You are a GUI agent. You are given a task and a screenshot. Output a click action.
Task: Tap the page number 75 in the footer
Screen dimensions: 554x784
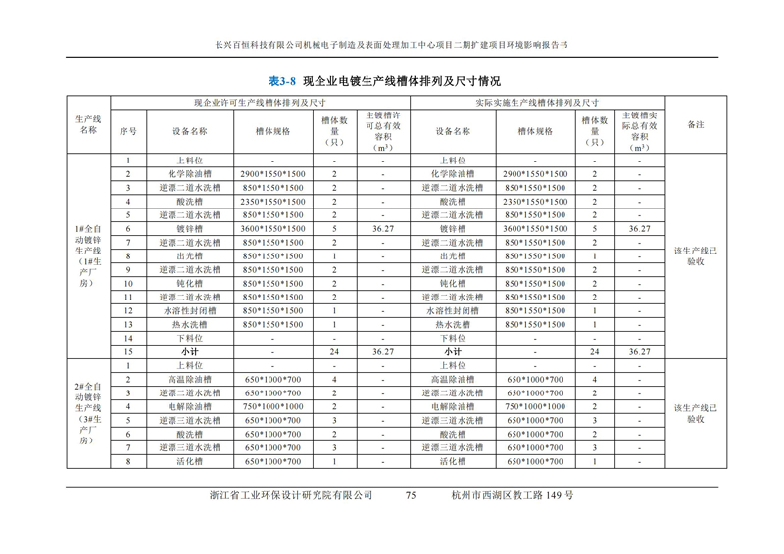click(411, 495)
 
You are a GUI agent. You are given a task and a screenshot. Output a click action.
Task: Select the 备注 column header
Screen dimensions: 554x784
click(695, 124)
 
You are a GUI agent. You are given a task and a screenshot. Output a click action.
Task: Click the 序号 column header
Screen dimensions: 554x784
click(127, 130)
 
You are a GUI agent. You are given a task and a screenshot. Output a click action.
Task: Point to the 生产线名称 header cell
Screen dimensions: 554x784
click(88, 124)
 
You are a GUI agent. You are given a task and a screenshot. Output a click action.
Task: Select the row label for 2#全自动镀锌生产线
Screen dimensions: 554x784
click(88, 409)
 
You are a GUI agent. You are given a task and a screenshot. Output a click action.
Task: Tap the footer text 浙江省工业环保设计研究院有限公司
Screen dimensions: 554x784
click(292, 495)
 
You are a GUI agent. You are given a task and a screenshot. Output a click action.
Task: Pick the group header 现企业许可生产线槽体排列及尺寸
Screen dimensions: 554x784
click(260, 101)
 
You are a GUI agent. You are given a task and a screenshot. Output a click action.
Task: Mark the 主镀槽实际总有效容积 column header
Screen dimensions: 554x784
click(639, 130)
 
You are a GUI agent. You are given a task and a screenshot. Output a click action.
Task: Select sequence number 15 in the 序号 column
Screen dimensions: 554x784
click(127, 351)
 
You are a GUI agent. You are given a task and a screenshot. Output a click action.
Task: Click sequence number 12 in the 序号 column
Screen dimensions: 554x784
click(127, 310)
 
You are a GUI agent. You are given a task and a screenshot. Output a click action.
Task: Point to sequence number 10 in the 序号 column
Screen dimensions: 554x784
click(127, 283)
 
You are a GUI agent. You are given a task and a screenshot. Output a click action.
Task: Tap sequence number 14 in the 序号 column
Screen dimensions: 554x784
click(127, 338)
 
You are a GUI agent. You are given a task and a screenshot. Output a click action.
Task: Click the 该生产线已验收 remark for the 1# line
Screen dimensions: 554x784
click(695, 255)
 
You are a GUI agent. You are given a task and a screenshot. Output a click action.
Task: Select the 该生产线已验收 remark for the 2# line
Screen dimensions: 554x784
click(695, 412)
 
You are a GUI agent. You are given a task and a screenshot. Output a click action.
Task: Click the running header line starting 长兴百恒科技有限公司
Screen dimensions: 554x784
click(391, 45)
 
